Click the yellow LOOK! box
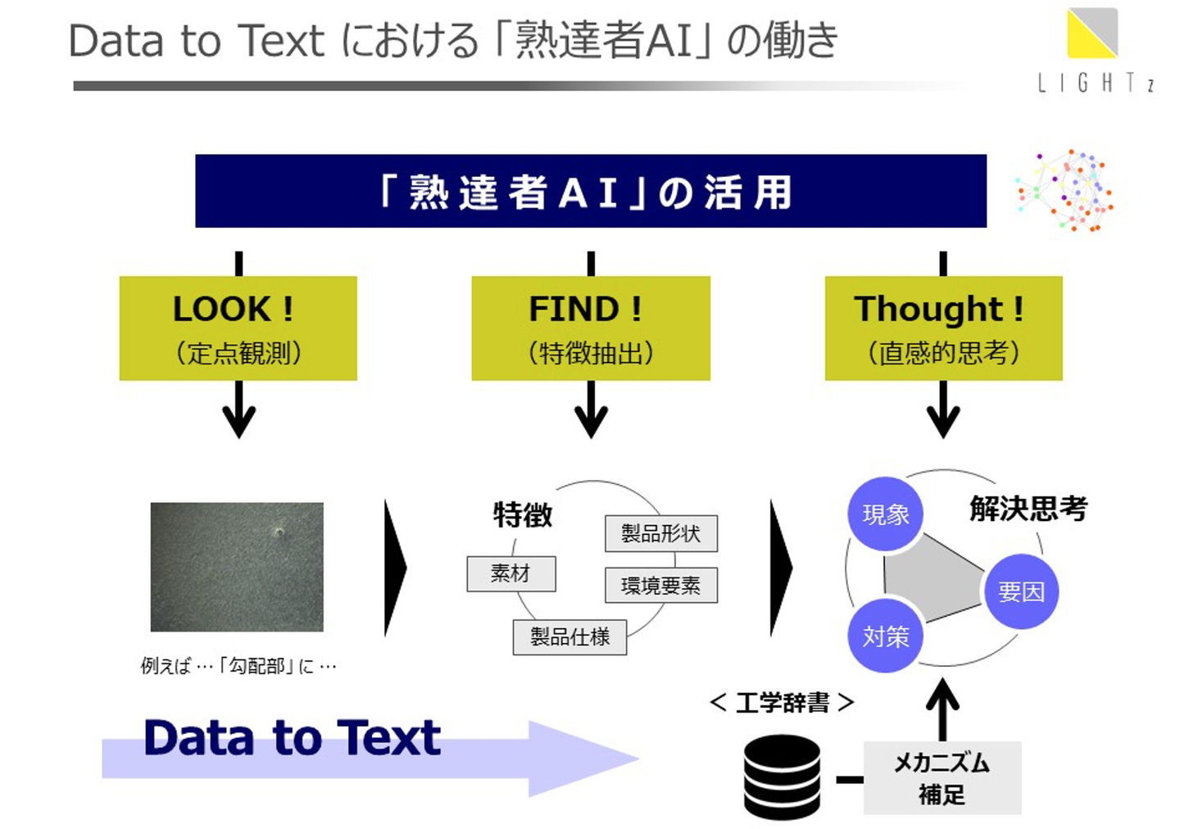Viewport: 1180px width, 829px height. pyautogui.click(x=238, y=328)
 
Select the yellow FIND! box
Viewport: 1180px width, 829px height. pyautogui.click(x=590, y=328)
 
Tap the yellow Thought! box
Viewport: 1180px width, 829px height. pyautogui.click(x=943, y=328)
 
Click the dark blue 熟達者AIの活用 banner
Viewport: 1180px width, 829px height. pyautogui.click(x=590, y=191)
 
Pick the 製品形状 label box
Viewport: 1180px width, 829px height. pyautogui.click(x=660, y=533)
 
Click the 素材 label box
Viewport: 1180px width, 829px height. pyautogui.click(x=511, y=573)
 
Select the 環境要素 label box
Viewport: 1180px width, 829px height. pyautogui.click(x=660, y=585)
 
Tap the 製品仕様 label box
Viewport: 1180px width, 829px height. pyautogui.click(x=570, y=636)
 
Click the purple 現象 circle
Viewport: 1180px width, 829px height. pyautogui.click(x=885, y=514)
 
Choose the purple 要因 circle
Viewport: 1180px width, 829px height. pyautogui.click(x=1021, y=591)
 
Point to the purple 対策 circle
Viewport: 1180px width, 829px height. pyautogui.click(x=885, y=636)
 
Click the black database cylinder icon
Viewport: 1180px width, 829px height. pyautogui.click(x=782, y=777)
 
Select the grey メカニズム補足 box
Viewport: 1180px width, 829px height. pyautogui.click(x=942, y=777)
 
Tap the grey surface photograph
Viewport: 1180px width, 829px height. pyautogui.click(x=237, y=567)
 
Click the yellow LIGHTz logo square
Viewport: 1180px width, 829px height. pyautogui.click(x=1092, y=33)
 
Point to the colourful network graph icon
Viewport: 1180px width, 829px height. pyautogui.click(x=1065, y=190)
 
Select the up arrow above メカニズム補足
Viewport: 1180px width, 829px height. pyautogui.click(x=942, y=709)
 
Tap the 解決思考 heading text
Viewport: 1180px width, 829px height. pyautogui.click(x=1028, y=509)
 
